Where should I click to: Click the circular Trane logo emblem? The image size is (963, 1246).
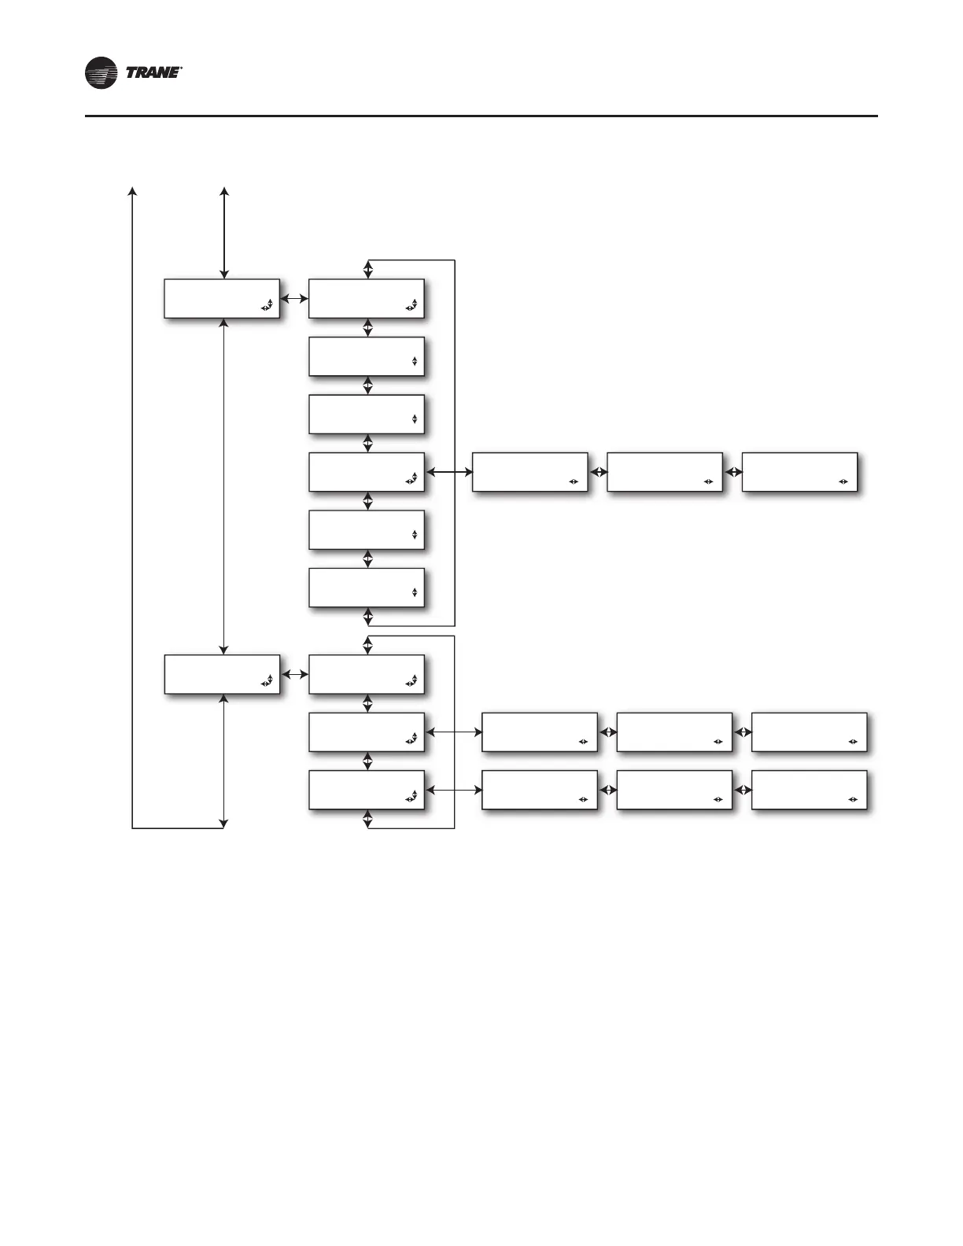[x=101, y=73]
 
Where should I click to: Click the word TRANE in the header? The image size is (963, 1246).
[x=153, y=73]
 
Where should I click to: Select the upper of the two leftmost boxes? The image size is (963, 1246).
[x=222, y=298]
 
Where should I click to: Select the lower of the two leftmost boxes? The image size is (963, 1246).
[x=222, y=674]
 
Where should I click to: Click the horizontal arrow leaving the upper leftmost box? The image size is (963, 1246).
[x=294, y=299]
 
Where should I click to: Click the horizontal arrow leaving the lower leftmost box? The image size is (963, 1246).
[x=294, y=675]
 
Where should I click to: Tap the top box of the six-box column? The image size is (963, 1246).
[x=367, y=298]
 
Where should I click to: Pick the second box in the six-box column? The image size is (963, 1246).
[x=367, y=356]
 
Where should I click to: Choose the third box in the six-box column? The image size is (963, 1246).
[x=367, y=414]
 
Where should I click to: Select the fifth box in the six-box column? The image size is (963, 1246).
[x=367, y=529]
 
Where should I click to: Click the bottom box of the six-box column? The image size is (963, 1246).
[x=367, y=587]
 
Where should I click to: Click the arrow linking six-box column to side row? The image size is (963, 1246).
[x=448, y=472]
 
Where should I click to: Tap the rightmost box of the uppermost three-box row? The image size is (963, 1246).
[x=799, y=472]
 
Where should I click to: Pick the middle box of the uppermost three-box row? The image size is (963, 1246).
[x=665, y=472]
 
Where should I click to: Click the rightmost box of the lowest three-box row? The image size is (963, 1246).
[x=810, y=790]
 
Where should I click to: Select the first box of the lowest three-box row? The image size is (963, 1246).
[x=539, y=790]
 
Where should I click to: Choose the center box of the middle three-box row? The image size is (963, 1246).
[x=674, y=732]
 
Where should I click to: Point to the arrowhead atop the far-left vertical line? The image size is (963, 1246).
[x=132, y=191]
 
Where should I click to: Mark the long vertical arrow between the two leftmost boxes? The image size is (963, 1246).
[x=225, y=486]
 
